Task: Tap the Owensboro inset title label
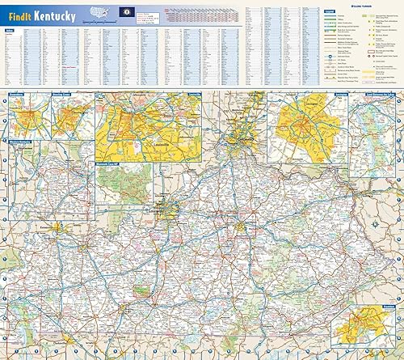click(x=16, y=95)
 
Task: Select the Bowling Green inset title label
click(x=63, y=95)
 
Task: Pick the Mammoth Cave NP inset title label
click(x=112, y=165)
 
